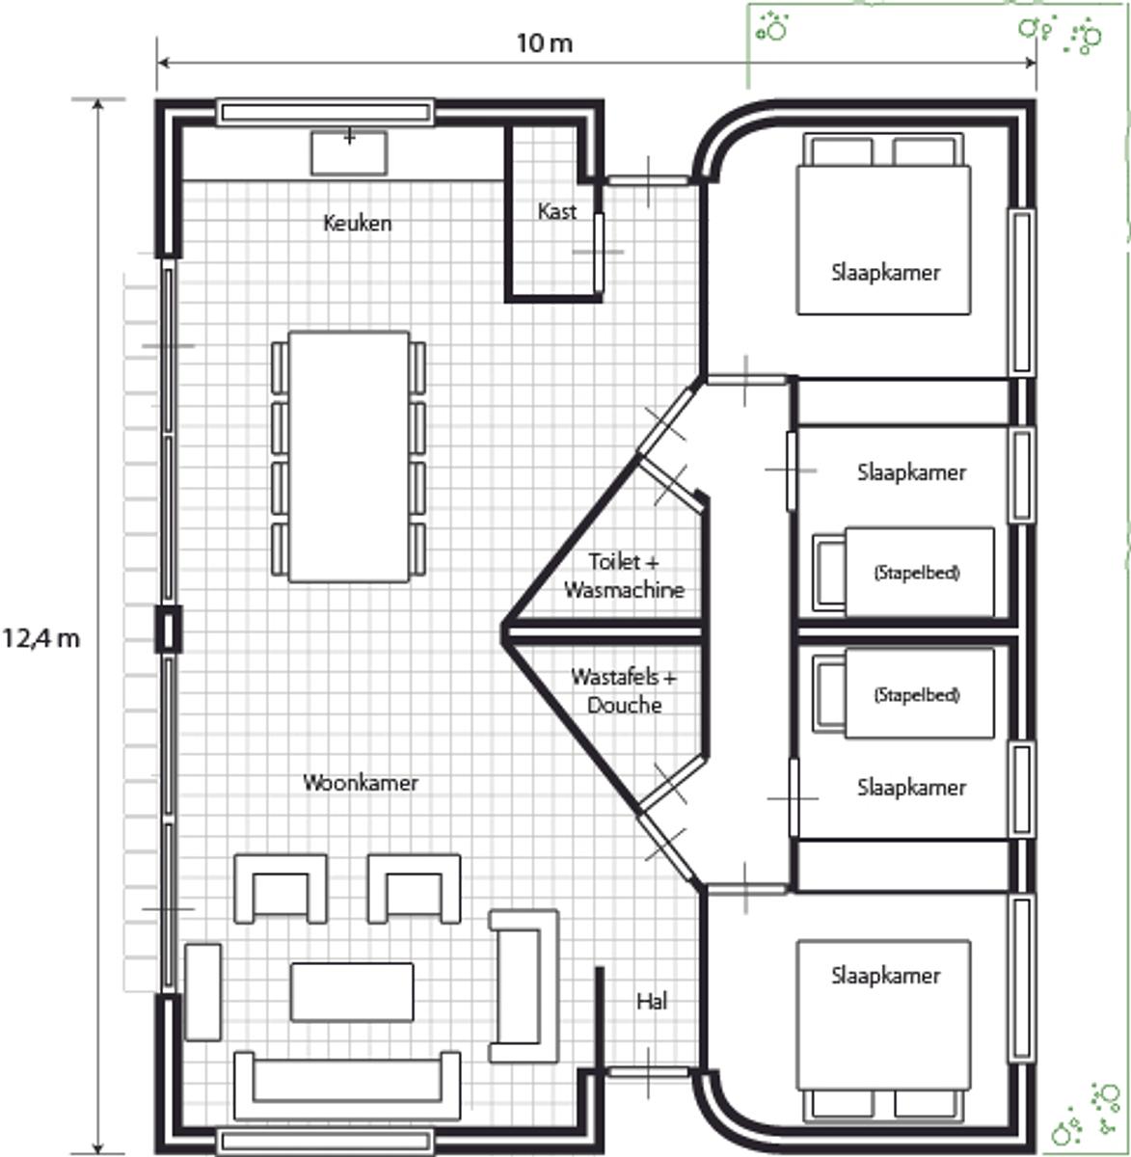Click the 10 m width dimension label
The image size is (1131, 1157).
544,43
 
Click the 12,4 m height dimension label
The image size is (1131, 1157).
41,639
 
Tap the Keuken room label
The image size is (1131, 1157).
358,224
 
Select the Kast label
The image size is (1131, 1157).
556,212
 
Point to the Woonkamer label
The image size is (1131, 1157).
361,783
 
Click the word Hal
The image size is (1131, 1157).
652,1001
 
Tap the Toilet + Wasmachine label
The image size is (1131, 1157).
624,576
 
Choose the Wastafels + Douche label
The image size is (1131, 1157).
624,691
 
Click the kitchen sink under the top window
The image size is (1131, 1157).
349,153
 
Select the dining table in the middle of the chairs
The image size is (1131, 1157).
349,457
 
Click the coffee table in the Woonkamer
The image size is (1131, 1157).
352,992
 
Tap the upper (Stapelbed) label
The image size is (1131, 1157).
917,572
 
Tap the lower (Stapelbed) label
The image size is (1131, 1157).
917,694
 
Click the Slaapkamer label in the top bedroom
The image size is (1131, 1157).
885,273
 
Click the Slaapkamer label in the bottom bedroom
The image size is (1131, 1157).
885,976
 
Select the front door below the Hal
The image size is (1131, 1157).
648,1071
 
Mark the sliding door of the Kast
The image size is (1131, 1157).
599,252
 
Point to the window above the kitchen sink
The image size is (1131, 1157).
325,113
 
